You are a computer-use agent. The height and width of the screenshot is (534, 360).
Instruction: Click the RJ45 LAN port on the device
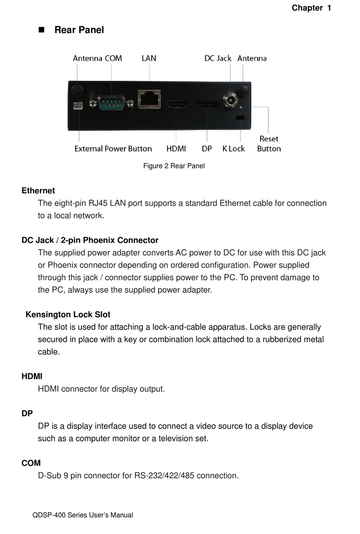click(149, 99)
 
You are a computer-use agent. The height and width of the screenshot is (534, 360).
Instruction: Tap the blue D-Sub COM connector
click(111, 103)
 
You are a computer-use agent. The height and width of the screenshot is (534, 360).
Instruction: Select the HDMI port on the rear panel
click(177, 104)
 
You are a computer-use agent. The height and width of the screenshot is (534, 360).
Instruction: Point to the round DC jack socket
click(230, 100)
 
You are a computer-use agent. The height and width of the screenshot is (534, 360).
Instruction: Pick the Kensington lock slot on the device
click(240, 118)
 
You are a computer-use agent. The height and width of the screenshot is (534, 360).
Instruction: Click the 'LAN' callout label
click(149, 58)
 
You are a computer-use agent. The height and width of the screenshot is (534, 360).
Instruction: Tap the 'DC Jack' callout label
click(218, 58)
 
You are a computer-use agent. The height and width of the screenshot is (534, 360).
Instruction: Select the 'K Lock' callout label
click(233, 149)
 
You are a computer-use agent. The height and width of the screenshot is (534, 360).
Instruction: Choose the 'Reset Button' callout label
click(269, 144)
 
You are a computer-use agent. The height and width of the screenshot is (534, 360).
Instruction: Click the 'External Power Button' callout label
click(113, 149)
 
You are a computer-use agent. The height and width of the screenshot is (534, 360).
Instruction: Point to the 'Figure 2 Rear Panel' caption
click(174, 166)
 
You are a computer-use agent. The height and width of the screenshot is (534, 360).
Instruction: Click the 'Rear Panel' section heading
click(79, 30)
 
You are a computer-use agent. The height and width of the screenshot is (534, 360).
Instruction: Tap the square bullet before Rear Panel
click(42, 30)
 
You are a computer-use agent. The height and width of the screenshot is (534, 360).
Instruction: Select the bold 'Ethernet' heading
click(38, 191)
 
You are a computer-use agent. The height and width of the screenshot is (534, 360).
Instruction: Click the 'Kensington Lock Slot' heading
click(68, 315)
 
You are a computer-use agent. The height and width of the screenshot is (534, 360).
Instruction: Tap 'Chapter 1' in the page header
click(311, 8)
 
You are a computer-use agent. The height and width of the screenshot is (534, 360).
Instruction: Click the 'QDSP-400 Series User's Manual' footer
click(83, 515)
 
